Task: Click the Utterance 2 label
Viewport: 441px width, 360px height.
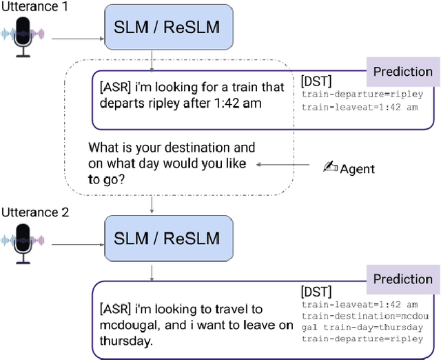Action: point(34,212)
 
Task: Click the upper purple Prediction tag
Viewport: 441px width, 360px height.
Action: point(402,71)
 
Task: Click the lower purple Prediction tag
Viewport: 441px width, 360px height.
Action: point(402,279)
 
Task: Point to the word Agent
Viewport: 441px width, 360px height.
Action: point(357,168)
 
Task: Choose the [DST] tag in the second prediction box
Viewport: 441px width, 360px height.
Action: point(316,292)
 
